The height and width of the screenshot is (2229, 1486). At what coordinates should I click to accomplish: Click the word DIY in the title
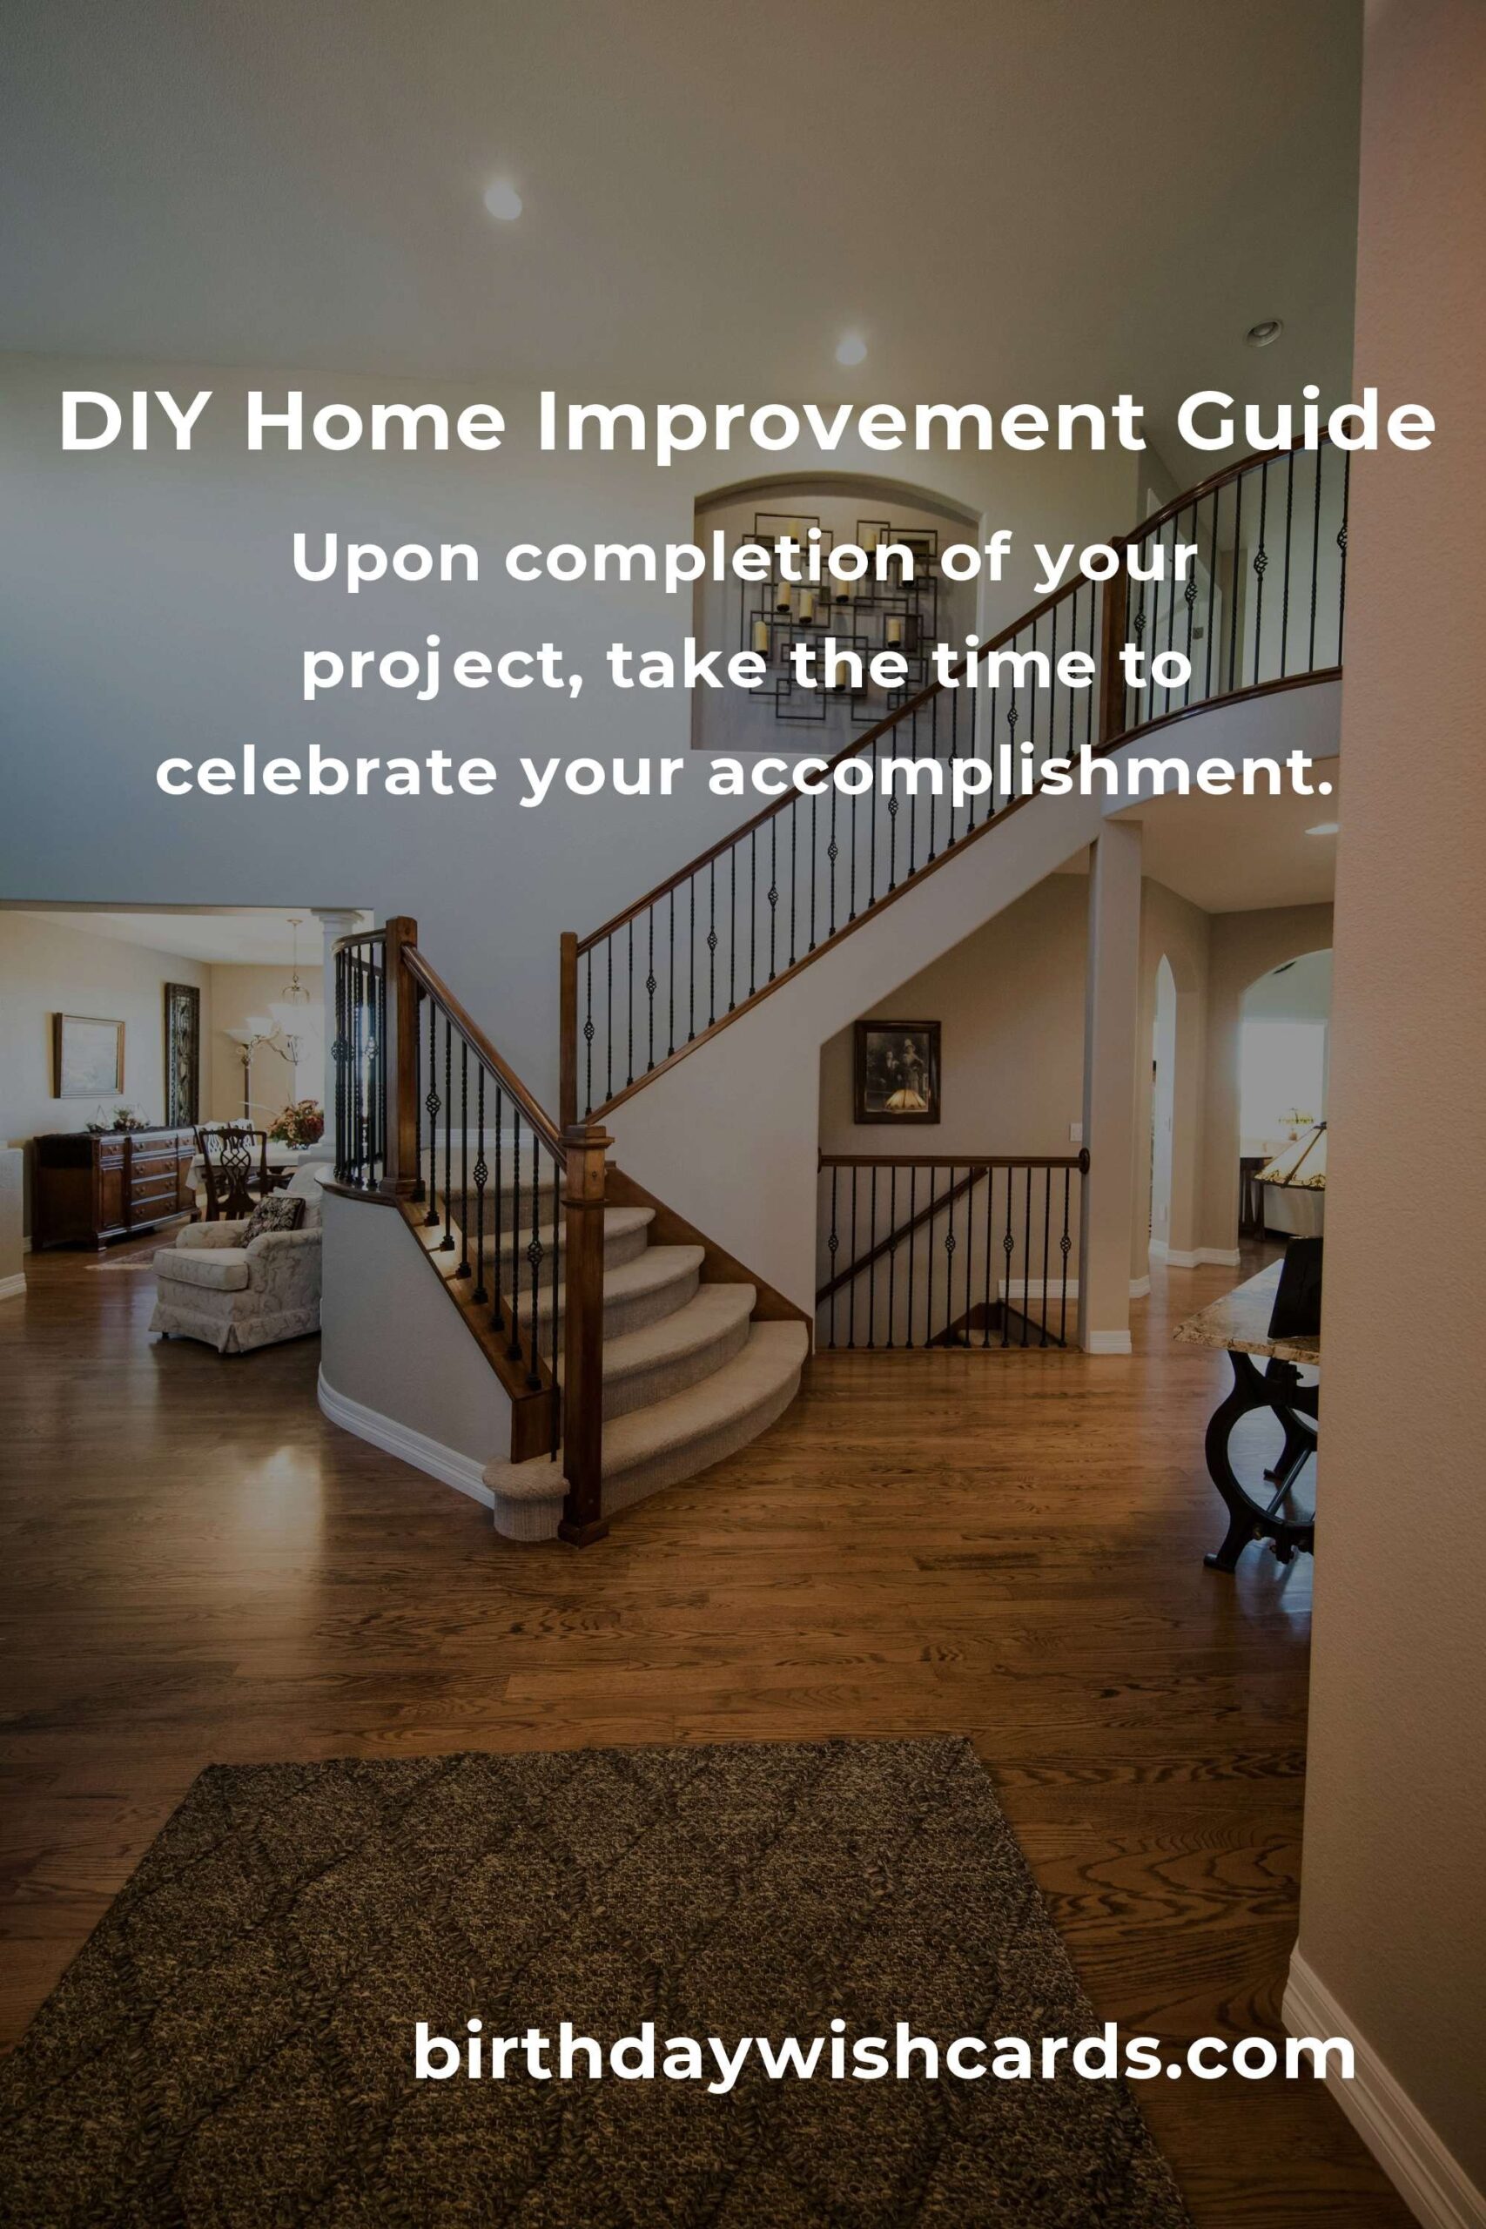coord(132,421)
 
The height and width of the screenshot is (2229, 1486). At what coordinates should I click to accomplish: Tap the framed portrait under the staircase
coord(897,1072)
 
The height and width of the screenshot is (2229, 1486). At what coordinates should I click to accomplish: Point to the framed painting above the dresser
coord(88,1054)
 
